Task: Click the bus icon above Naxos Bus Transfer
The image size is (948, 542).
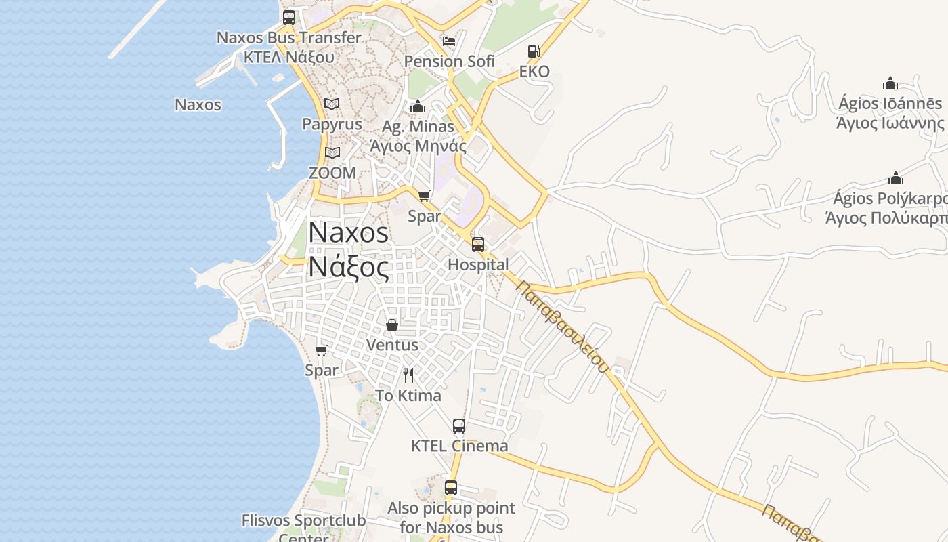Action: pos(289,18)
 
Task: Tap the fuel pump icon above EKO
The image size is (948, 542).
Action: pos(534,51)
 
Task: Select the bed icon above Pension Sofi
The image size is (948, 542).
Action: pos(449,41)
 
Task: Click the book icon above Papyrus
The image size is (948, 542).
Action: pos(332,104)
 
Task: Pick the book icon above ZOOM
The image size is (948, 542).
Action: pos(332,153)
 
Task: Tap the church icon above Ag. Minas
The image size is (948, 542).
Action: pos(418,106)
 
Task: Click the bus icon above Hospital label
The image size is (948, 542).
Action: pos(478,245)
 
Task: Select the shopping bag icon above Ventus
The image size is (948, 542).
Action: pos(392,325)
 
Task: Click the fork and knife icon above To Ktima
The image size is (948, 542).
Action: pos(408,375)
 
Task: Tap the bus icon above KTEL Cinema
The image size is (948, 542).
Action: pos(459,426)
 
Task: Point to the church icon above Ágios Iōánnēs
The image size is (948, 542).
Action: pos(890,83)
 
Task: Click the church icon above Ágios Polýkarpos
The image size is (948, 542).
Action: pos(896,178)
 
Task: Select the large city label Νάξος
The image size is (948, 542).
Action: pos(349,267)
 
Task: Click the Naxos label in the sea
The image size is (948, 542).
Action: pos(198,105)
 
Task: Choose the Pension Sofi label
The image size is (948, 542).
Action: pos(450,62)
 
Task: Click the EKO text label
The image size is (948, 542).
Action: pos(534,72)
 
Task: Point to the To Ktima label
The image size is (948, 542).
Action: pos(408,396)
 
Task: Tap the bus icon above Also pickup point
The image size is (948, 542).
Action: pos(451,488)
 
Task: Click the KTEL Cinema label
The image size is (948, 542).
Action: pos(460,446)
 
